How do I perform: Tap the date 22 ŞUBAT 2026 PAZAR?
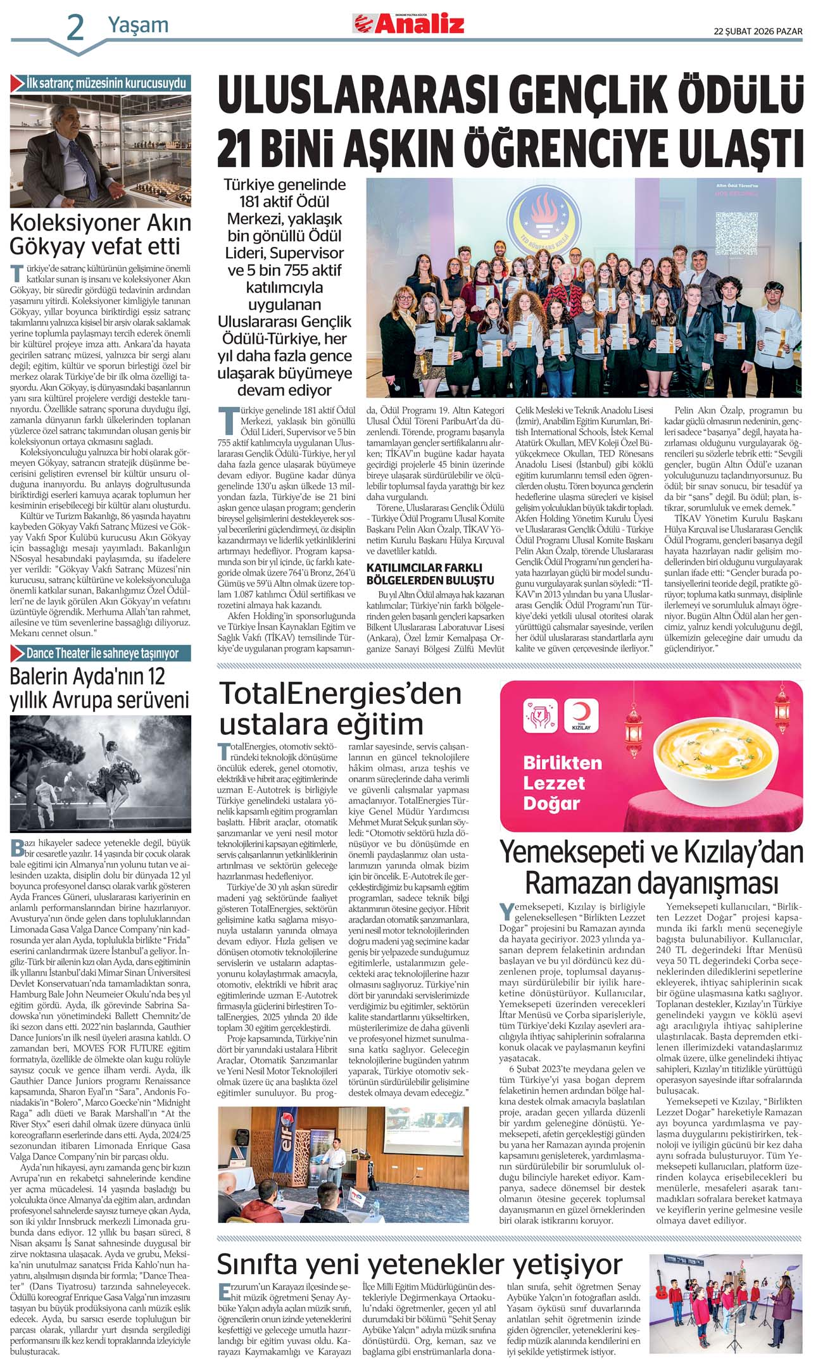click(758, 31)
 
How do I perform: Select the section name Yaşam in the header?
click(138, 25)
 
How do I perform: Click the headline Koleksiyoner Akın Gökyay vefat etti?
click(100, 234)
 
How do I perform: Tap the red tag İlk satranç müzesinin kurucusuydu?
click(101, 83)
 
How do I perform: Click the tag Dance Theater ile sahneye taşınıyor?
click(101, 653)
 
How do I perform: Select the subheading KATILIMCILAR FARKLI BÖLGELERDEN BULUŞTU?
click(430, 573)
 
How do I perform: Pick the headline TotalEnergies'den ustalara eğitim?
click(341, 708)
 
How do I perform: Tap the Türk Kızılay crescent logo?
click(581, 715)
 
